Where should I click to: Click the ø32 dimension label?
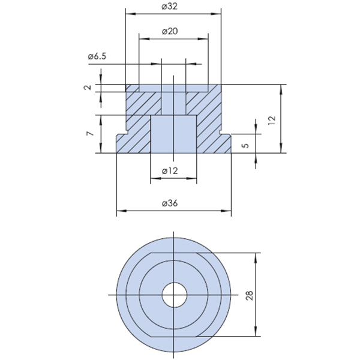point(169,7)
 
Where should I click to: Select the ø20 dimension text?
point(170,31)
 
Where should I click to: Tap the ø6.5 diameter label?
point(97,56)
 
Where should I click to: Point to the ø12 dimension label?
point(170,170)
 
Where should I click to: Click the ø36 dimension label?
point(170,203)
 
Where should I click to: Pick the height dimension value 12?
point(272,120)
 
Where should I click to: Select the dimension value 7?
point(90,133)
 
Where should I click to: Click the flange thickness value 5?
point(245,146)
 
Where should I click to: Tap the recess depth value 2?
point(88,87)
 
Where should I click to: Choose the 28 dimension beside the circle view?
point(250,295)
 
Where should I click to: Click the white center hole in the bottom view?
point(175,295)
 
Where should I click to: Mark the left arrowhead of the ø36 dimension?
point(121,211)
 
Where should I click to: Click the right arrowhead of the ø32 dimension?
point(216,14)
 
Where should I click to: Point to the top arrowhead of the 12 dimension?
point(281,89)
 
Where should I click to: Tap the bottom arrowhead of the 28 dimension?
point(256,331)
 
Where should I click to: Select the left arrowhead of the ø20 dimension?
point(144,38)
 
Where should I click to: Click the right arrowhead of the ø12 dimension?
point(192,178)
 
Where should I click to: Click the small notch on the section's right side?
point(221,132)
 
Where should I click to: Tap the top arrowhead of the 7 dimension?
point(101,120)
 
